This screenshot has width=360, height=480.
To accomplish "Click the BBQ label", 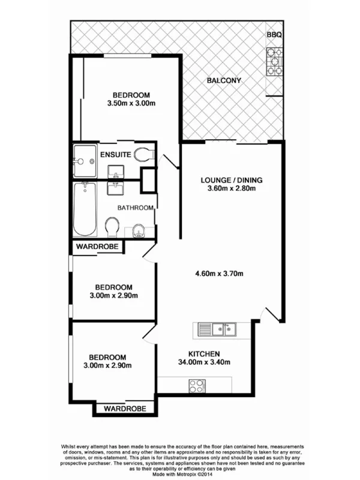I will click(274, 35).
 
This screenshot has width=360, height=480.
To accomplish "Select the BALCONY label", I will click(224, 80).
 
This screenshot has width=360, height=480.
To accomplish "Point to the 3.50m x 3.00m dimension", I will click(131, 103).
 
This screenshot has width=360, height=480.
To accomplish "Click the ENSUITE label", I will click(116, 155).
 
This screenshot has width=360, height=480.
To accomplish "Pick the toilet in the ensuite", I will click(143, 155).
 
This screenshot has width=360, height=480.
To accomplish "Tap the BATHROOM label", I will click(136, 208).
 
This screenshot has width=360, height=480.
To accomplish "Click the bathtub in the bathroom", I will click(85, 209).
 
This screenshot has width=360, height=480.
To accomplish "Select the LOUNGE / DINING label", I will click(232, 179).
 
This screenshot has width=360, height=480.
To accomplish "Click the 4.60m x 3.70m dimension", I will click(219, 275).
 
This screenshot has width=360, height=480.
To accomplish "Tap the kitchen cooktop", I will click(196, 385).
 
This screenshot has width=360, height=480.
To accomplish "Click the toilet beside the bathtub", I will click(112, 226).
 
